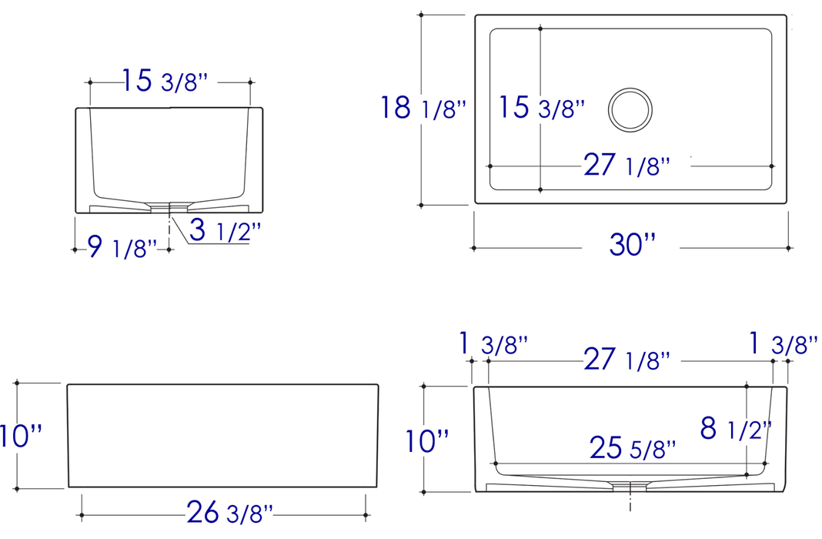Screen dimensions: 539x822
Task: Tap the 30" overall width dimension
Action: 632,245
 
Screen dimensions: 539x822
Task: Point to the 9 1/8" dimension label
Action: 122,247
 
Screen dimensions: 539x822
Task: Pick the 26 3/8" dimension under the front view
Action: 229,512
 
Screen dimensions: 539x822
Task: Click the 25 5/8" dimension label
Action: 633,447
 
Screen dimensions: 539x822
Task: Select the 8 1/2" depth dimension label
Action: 735,428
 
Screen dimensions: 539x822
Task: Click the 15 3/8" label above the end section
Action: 165,81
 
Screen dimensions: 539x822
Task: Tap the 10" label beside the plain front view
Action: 22,436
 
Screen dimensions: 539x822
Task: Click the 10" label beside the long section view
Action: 428,441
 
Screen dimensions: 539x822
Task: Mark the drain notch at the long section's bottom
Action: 630,484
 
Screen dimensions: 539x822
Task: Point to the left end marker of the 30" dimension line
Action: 473,248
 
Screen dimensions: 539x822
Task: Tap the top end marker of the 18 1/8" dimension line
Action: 421,15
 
